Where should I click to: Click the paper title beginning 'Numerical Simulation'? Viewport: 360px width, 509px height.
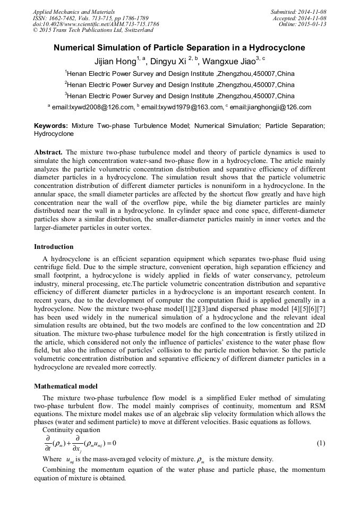click(179, 48)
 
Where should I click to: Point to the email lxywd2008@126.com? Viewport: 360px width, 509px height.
click(93, 107)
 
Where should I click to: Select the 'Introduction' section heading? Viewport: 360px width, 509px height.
click(54, 247)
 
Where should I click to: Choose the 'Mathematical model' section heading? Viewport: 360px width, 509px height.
click(66, 386)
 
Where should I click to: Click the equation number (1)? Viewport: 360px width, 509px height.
click(321, 443)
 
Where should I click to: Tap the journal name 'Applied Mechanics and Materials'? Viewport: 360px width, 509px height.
click(74, 11)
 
